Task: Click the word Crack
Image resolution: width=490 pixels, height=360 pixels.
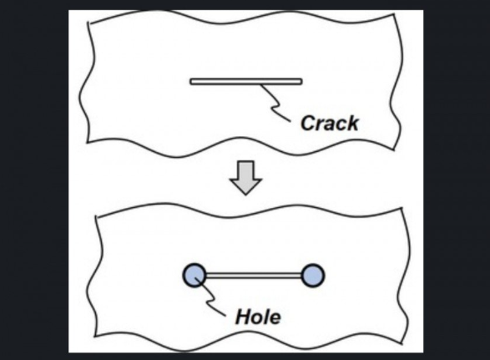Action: [x=330, y=123]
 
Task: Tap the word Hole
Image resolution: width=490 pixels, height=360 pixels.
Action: [x=258, y=317]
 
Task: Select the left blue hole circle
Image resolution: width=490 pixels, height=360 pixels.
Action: [x=194, y=276]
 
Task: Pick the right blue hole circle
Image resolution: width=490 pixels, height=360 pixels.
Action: [x=313, y=276]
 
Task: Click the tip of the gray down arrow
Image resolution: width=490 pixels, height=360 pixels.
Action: [x=245, y=195]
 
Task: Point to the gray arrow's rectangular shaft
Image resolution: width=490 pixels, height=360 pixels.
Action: [x=245, y=170]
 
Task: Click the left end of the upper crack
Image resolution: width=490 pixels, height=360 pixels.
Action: [x=190, y=82]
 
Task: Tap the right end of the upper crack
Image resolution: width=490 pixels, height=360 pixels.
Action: [x=302, y=82]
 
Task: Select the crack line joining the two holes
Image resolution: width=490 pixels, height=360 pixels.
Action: [x=254, y=276]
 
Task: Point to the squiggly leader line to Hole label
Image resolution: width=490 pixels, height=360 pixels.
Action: [x=210, y=297]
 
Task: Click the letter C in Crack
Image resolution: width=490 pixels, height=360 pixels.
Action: [x=307, y=123]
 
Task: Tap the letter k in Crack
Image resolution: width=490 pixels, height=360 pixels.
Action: [x=352, y=123]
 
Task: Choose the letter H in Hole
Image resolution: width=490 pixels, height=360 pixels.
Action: [x=244, y=317]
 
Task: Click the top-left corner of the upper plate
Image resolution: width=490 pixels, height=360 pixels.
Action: [x=88, y=23]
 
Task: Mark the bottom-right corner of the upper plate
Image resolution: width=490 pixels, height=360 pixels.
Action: [x=394, y=150]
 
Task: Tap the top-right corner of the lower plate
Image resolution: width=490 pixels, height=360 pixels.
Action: [x=402, y=208]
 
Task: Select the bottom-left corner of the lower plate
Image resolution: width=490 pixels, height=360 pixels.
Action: [x=95, y=337]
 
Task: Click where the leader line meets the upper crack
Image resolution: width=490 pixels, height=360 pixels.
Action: [x=260, y=84]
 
